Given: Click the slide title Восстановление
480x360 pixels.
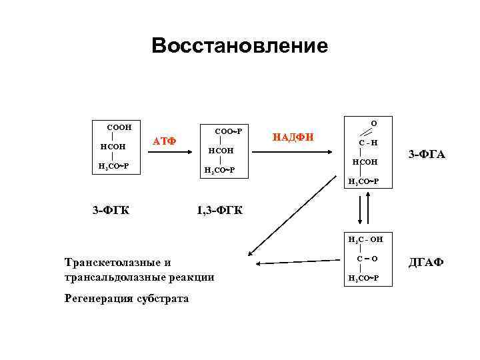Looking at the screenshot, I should point(239,45).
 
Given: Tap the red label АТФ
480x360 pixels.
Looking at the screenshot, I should point(164,141).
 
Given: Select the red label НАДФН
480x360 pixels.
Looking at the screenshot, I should point(293,138).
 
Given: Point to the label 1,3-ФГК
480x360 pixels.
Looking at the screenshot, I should point(220,211).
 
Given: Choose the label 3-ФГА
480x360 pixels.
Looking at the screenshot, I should point(427,155).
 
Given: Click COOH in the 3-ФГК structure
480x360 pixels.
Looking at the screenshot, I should point(119,127).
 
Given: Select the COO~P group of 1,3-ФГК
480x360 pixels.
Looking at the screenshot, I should point(226,132).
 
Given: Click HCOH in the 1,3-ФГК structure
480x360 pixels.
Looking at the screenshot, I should point(221,151).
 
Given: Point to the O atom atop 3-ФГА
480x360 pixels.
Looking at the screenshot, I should point(373,123).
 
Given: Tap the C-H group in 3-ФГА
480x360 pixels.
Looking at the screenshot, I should point(368,142).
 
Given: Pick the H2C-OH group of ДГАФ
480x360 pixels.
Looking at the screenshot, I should point(365,239).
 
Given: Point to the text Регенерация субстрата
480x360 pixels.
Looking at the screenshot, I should point(126,298).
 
